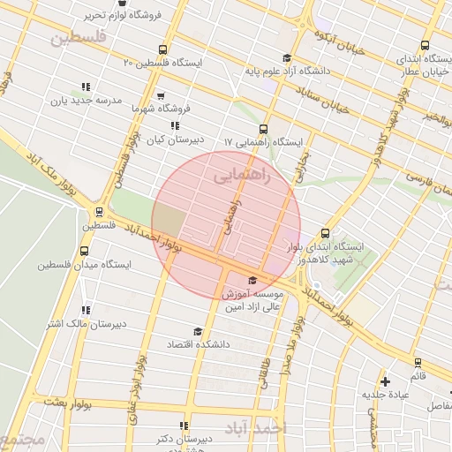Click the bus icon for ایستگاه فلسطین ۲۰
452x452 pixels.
click(x=161, y=49)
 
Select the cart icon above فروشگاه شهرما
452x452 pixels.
click(x=160, y=95)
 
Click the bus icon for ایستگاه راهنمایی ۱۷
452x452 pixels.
click(x=264, y=128)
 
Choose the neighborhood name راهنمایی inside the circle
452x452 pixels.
click(x=244, y=177)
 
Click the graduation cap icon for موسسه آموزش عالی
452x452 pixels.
click(x=252, y=281)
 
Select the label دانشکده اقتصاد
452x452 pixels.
click(x=199, y=344)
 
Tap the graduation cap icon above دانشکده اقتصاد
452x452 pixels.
click(x=199, y=332)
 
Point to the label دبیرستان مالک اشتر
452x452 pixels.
click(x=86, y=323)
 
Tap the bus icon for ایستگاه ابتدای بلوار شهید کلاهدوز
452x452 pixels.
click(x=326, y=234)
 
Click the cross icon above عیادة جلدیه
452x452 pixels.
click(x=385, y=381)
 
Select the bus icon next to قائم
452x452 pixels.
click(x=418, y=363)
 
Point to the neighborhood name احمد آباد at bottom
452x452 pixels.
click(x=256, y=428)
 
